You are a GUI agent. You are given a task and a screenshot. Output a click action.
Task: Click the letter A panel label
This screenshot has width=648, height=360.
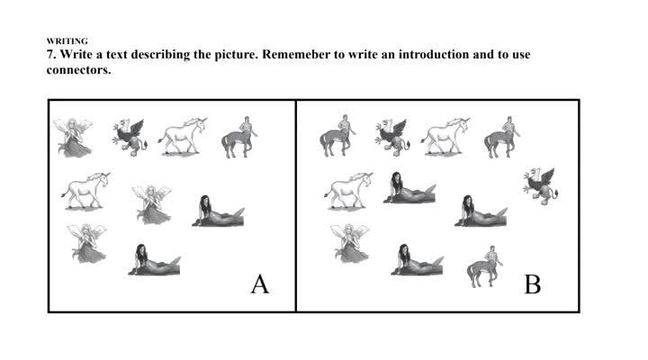click(x=260, y=283)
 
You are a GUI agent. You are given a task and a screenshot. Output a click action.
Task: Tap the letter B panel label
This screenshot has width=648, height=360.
click(x=533, y=284)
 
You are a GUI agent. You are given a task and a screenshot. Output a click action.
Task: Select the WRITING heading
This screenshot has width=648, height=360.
click(x=67, y=40)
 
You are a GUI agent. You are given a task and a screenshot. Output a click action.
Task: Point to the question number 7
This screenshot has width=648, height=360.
click(x=51, y=55)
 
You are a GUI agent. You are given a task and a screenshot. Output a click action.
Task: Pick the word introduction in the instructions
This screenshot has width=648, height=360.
click(x=434, y=55)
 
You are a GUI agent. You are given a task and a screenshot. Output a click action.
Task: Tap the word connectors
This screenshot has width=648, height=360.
click(x=78, y=70)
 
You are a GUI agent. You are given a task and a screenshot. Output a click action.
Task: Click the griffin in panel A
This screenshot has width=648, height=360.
click(x=130, y=137)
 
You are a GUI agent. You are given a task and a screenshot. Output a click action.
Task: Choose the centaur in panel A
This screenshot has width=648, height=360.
click(x=239, y=137)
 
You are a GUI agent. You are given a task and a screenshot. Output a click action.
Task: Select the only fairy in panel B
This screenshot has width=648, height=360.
click(x=349, y=243)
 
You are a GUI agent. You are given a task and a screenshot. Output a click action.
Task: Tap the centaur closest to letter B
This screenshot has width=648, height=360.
click(x=485, y=266)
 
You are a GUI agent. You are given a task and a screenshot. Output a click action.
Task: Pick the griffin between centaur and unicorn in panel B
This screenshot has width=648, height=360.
click(x=392, y=137)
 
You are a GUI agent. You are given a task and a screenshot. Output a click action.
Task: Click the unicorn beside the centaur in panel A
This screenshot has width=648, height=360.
click(x=183, y=136)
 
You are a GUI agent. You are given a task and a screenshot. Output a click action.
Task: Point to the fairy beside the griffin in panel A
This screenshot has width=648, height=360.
click(x=73, y=137)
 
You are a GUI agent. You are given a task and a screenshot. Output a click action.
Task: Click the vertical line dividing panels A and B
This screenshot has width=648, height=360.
click(x=296, y=206)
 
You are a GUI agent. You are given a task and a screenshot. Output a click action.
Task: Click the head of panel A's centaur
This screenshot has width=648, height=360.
click(x=247, y=120)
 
